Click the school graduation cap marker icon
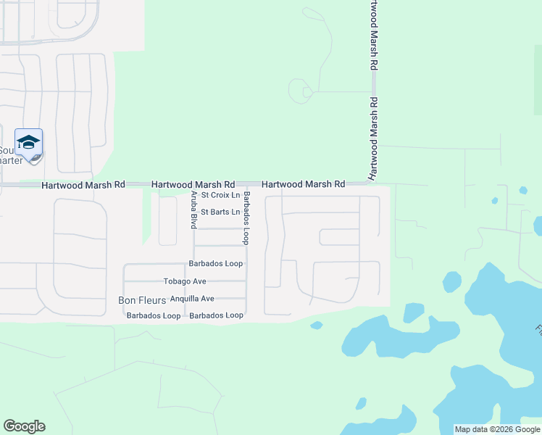(x=28, y=142)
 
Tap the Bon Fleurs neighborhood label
(x=142, y=299)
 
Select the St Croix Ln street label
(x=220, y=195)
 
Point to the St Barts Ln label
(x=220, y=212)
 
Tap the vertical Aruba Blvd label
(x=193, y=211)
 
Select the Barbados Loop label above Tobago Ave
(x=216, y=264)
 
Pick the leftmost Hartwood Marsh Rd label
(x=83, y=186)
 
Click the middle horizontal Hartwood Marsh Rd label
(x=193, y=186)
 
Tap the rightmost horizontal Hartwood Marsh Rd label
(x=303, y=185)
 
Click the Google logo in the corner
(x=24, y=426)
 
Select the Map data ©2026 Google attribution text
(x=497, y=429)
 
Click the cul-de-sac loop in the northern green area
(x=299, y=92)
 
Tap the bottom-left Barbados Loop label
(x=154, y=316)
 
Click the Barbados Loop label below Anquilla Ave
(x=216, y=316)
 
